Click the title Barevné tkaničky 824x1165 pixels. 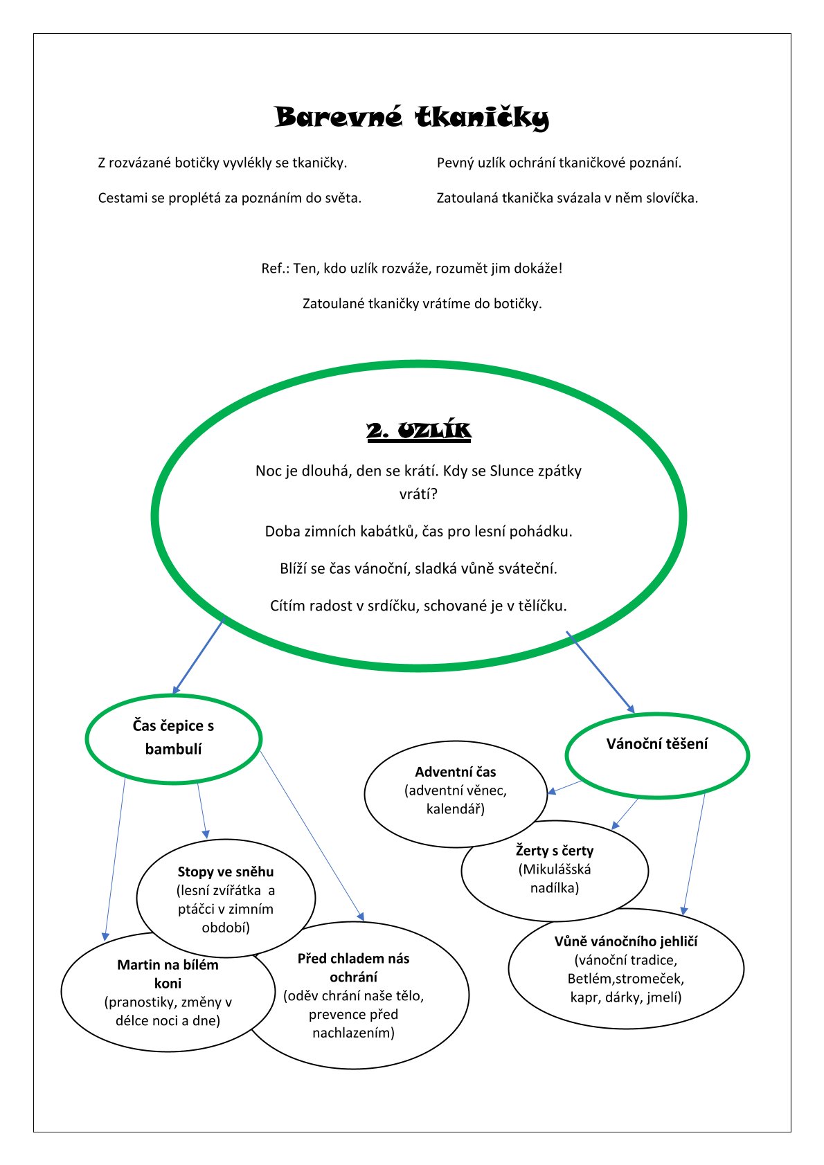[411, 118]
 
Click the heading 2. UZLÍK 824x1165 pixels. [419, 431]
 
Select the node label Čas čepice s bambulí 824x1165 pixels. [173, 737]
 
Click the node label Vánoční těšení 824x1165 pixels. [657, 743]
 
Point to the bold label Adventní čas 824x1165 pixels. [455, 772]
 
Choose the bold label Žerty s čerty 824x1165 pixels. [555, 850]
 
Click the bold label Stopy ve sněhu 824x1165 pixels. [225, 872]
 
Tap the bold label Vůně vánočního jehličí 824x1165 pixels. [626, 941]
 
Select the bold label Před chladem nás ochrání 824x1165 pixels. [353, 968]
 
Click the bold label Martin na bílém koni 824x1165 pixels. [168, 974]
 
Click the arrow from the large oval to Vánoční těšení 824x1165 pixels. [600, 672]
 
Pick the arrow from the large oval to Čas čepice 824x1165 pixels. [197, 658]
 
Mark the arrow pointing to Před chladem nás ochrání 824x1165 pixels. [312, 836]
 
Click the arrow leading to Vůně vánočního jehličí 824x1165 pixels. [694, 854]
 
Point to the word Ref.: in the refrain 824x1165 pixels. [275, 269]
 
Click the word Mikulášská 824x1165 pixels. [555, 869]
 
